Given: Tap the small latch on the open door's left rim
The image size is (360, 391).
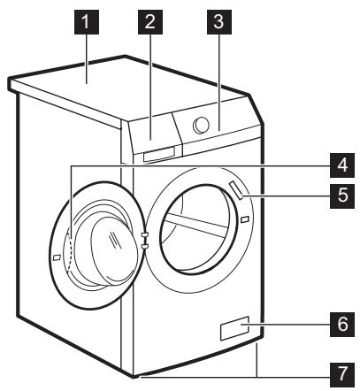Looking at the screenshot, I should (x=56, y=257).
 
